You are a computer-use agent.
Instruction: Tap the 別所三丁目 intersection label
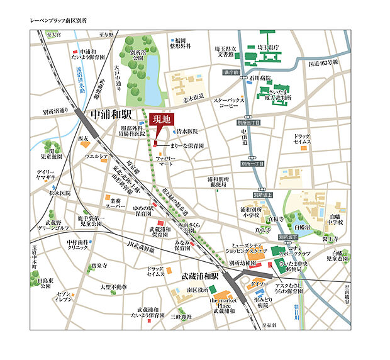tap(252, 123)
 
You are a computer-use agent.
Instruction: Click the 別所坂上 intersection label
tap(264, 195)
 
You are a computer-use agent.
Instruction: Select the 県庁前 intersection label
tap(233, 73)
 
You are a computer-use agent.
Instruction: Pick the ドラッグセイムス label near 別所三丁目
tap(302, 140)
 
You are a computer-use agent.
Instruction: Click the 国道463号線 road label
tap(323, 63)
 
